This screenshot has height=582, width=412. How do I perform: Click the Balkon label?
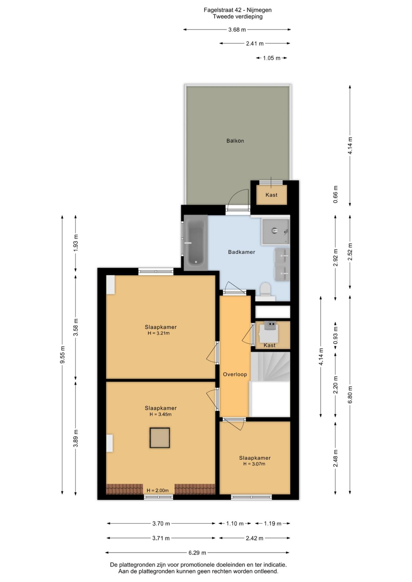[235, 141]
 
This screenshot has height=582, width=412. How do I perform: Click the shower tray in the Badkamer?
[275, 231]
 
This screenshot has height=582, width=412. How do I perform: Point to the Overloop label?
[235, 374]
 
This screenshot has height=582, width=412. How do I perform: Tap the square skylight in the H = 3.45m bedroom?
[160, 438]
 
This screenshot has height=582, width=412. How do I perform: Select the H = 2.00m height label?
[158, 490]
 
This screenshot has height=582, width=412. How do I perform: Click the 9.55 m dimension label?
[62, 355]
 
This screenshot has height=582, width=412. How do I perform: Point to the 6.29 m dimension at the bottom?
[197, 552]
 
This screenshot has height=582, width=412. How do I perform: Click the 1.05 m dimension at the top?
[272, 58]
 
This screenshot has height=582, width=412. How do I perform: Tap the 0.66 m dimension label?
[335, 194]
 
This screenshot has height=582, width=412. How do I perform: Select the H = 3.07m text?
[254, 464]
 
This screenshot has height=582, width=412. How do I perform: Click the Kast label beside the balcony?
[271, 195]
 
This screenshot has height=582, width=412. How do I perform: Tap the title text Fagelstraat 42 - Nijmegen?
[238, 10]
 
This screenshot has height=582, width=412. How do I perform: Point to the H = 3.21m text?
[159, 333]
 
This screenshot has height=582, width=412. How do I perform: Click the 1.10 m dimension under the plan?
[235, 523]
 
